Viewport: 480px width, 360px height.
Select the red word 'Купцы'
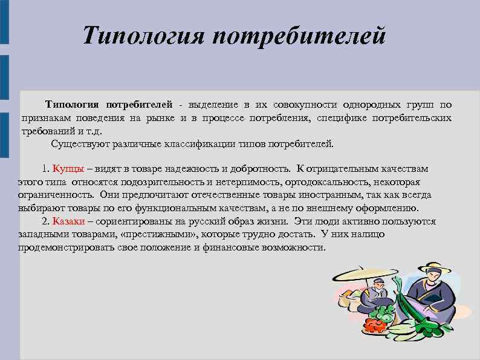[68, 168]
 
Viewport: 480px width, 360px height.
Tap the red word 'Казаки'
[68, 221]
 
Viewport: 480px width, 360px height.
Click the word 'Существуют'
[79, 144]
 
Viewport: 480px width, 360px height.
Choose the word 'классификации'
[208, 144]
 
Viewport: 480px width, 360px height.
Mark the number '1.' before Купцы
[45, 168]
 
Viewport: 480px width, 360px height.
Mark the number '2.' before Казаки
[45, 221]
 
